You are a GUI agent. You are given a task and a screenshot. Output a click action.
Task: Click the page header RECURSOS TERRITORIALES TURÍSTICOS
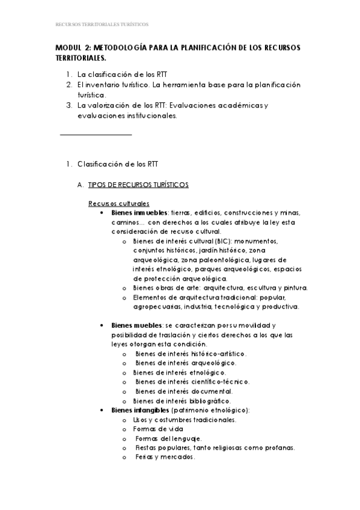pyautogui.click(x=102, y=25)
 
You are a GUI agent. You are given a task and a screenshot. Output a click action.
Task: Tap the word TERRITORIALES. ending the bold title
pyautogui.click(x=81, y=58)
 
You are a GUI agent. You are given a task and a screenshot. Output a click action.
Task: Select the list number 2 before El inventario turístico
pyautogui.click(x=69, y=85)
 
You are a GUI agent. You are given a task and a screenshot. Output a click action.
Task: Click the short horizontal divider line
pyautogui.click(x=96, y=135)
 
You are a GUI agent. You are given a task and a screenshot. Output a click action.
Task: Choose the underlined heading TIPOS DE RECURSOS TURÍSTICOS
pyautogui.click(x=138, y=185)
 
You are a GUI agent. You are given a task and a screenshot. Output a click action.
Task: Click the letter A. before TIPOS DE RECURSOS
pyautogui.click(x=81, y=185)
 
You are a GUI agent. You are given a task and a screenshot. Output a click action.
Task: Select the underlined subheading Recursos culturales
pyautogui.click(x=119, y=203)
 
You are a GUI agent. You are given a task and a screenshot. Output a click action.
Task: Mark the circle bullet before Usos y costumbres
pyautogui.click(x=124, y=420)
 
